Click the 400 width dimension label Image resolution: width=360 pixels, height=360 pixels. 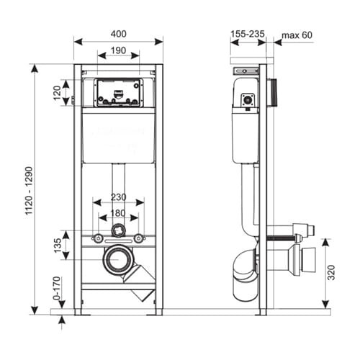tap(118, 34)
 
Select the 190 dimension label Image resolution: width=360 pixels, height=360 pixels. tap(118, 50)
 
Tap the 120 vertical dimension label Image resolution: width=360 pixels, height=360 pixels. tap(58, 93)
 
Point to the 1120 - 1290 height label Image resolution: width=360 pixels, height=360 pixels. tap(29, 190)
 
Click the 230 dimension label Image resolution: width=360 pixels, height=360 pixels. tap(119, 197)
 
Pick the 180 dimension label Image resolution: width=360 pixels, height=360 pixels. tap(118, 213)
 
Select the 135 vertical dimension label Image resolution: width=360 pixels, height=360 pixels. tap(58, 246)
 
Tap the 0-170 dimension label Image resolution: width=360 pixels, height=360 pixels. tap(57, 288)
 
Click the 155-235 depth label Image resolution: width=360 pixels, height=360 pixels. tap(248, 34)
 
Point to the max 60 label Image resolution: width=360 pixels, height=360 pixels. tap(297, 35)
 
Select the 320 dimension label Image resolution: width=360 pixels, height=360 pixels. tap(331, 272)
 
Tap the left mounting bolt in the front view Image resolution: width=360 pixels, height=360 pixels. tap(98, 238)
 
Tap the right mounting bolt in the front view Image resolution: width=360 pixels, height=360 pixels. tap(138, 238)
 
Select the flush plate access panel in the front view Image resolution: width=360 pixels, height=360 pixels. tap(118, 92)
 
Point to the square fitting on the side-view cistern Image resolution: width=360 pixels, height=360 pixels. tap(248, 99)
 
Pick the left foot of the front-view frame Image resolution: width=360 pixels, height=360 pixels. tap(78, 312)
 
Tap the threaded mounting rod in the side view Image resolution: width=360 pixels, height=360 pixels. tap(281, 238)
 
